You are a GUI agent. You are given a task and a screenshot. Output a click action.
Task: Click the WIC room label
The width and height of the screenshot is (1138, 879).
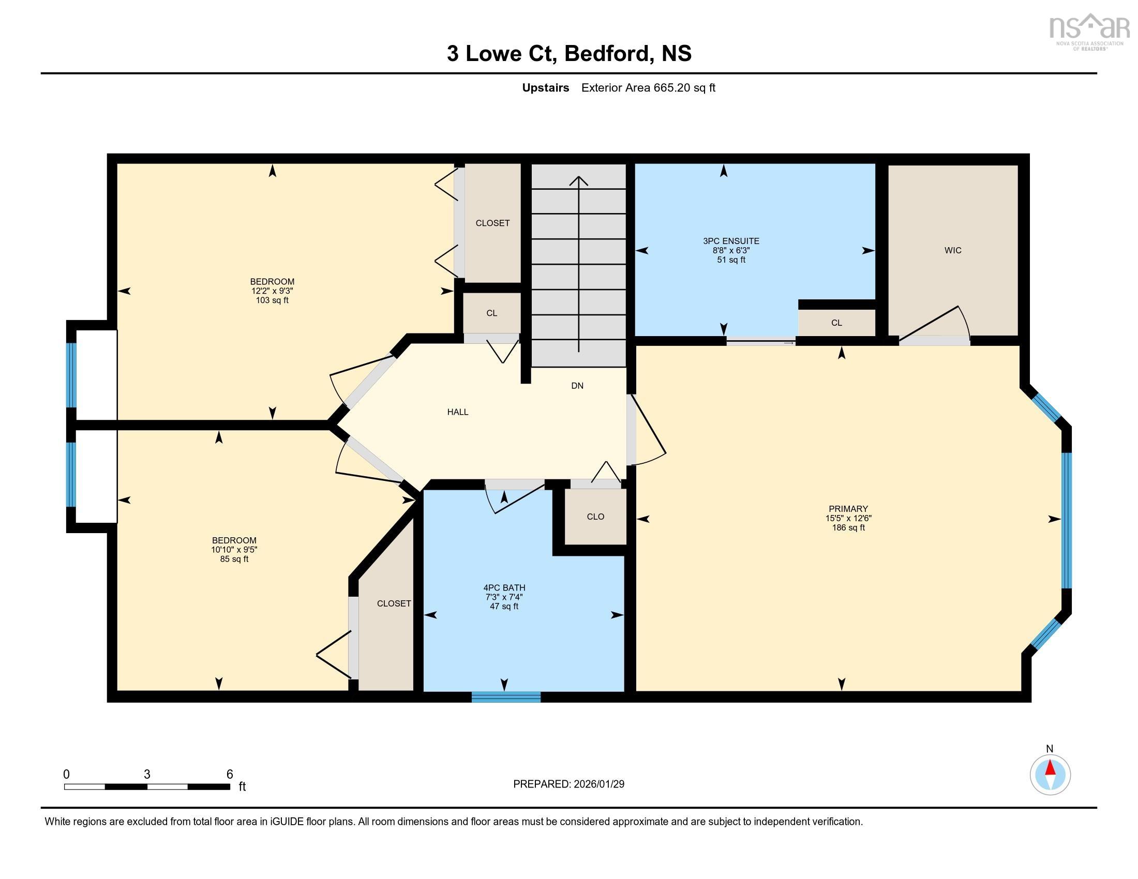tap(952, 250)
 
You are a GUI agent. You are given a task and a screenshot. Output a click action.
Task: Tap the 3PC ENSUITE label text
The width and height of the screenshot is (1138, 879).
tap(730, 241)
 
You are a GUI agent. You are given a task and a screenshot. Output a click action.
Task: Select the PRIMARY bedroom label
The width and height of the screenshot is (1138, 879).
tap(848, 509)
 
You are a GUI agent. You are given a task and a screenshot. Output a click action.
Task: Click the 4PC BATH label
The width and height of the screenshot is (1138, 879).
tap(504, 588)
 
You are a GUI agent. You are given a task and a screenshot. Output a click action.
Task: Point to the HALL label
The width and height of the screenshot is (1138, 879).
tap(457, 412)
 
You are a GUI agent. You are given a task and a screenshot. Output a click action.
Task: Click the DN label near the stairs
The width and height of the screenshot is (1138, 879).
tap(577, 386)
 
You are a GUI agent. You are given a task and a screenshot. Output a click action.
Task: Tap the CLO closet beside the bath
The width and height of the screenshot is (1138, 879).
tap(595, 517)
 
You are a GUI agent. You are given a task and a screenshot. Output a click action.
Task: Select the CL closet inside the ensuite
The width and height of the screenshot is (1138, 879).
tap(836, 323)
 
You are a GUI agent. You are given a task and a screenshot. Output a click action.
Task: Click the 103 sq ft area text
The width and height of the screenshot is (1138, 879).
tap(272, 300)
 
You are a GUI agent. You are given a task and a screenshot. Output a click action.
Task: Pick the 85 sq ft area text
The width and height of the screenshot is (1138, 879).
tap(234, 559)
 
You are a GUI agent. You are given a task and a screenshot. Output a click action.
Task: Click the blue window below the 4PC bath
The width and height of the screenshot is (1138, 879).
tap(505, 697)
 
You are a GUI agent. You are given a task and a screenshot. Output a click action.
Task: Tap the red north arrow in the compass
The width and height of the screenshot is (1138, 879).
tap(1050, 768)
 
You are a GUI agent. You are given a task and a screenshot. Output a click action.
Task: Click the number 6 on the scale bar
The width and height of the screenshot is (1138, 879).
tap(229, 775)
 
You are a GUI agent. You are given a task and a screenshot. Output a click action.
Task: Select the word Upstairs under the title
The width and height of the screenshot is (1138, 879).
tap(545, 88)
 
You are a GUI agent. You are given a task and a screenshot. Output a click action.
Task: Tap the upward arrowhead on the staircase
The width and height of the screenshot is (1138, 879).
tap(578, 180)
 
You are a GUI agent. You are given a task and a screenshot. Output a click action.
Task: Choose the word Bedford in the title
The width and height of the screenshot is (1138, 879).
tap(608, 54)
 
